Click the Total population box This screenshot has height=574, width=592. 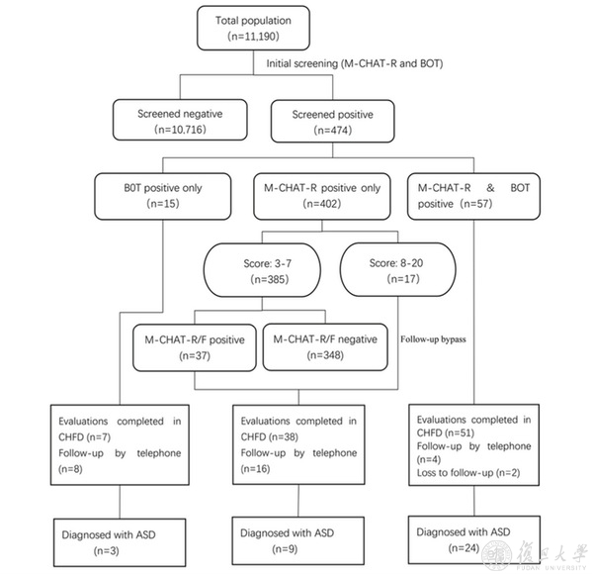point(253,28)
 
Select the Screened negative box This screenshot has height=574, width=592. point(180,120)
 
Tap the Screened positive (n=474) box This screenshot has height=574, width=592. point(333,121)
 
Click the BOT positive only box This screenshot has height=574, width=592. point(163,196)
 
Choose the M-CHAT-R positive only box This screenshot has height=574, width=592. point(322,196)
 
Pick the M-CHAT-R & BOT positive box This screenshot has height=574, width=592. point(473,196)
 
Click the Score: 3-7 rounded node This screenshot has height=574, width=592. point(262,270)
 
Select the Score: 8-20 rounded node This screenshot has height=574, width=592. point(398,269)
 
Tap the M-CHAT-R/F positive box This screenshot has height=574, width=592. point(195,347)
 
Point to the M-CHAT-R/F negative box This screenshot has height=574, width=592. point(325,346)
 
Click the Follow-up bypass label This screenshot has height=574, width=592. point(433,339)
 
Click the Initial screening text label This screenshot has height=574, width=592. point(355,63)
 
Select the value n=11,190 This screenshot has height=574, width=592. point(253,37)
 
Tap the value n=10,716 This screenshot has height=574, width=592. point(180,130)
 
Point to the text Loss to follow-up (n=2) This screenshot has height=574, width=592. point(468,473)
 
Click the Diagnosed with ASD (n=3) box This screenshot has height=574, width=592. point(120,542)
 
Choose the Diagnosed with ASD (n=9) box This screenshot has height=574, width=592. point(298,540)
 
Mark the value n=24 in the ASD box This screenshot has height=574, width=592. point(464,548)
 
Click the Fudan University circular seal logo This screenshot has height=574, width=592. point(496,555)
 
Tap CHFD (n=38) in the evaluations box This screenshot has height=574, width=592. point(270,436)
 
